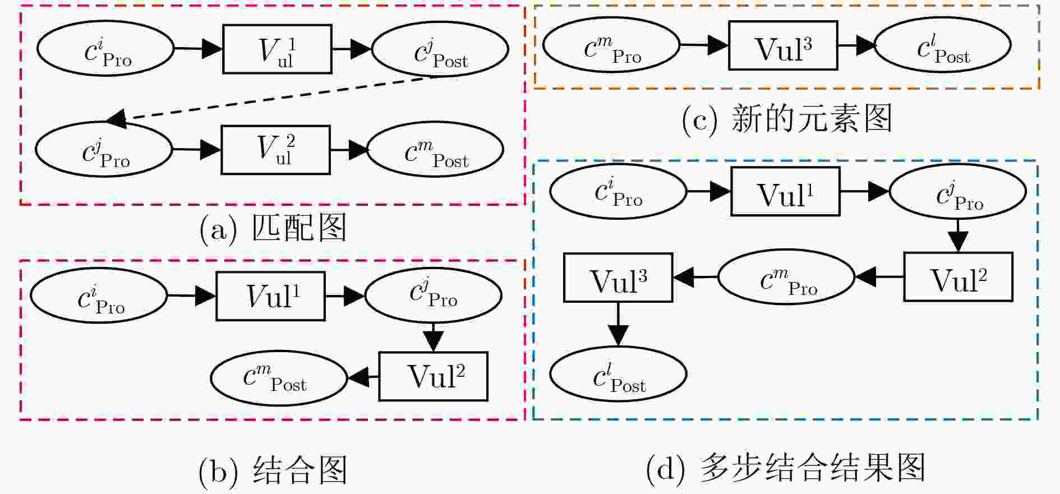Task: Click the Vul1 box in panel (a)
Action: (x=277, y=49)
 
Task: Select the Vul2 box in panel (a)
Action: (x=275, y=150)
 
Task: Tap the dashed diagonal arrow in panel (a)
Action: (x=273, y=99)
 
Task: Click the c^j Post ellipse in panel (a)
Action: (x=440, y=49)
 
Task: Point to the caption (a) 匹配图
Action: (x=273, y=228)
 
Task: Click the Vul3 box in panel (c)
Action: (x=783, y=45)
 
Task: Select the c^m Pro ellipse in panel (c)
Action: (x=611, y=45)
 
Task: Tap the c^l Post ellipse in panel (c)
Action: (x=943, y=45)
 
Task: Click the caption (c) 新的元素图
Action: (x=787, y=119)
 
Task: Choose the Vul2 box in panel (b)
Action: (x=433, y=376)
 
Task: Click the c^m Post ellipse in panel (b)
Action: (x=279, y=378)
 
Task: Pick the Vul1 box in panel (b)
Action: (x=271, y=296)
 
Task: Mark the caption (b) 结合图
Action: (x=273, y=470)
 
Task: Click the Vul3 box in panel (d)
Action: (x=618, y=278)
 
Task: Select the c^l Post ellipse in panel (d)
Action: (x=618, y=375)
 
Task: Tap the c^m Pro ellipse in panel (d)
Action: (x=786, y=277)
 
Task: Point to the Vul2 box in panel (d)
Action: (x=958, y=277)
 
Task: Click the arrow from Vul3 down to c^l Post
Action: (x=618, y=324)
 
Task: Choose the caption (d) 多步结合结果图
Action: (x=786, y=468)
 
